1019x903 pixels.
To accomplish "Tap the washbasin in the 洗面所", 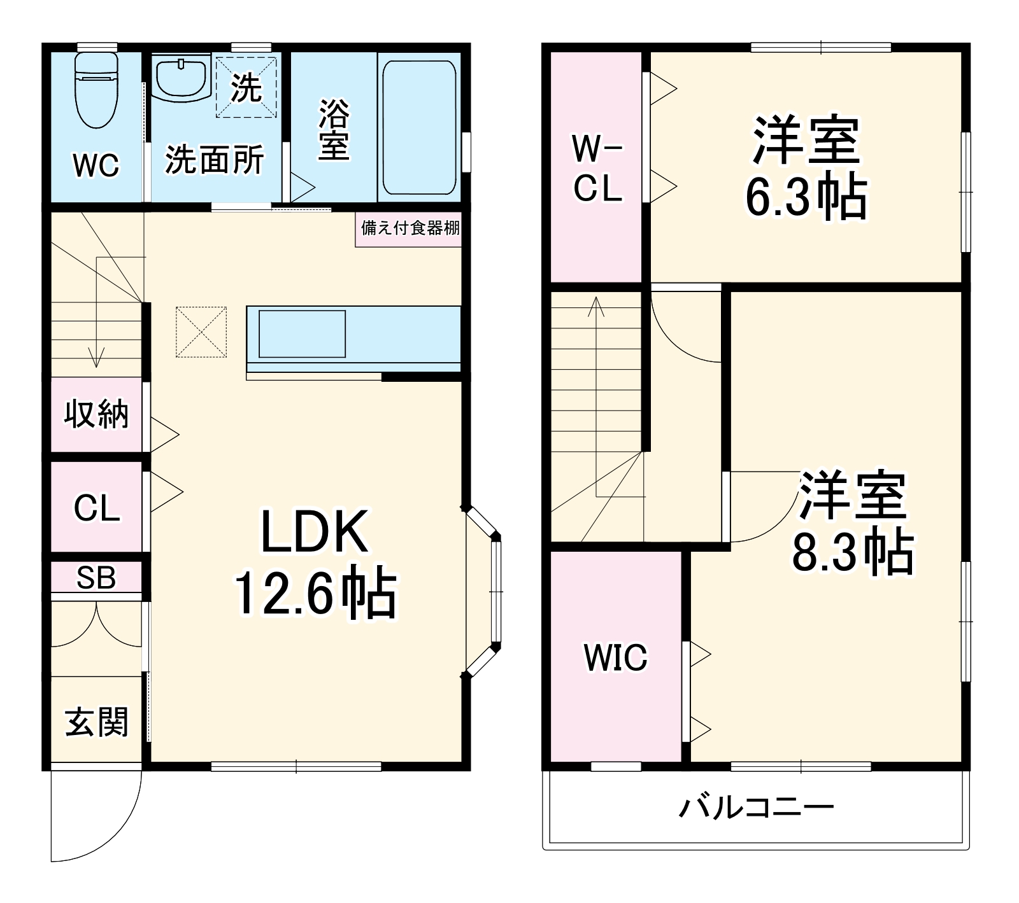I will pos(182,78).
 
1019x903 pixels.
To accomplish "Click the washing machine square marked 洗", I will pos(246,87).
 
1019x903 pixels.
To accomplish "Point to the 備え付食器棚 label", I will pos(410,228).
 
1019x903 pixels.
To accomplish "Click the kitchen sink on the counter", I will pos(302,333).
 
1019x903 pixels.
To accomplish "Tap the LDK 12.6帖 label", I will pos(315,564).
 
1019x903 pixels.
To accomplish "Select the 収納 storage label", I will pos(96,414).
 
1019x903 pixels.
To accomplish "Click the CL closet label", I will pos(97,508).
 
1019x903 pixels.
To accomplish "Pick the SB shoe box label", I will pos(96,577).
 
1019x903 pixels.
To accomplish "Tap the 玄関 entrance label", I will pos(97,722).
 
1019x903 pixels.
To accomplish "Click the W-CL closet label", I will pos(597,168).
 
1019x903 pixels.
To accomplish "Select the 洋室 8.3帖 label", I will pos(852,522).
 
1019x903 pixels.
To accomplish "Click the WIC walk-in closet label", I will pos(615,657).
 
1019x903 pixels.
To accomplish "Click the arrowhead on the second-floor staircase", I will pos(596,305).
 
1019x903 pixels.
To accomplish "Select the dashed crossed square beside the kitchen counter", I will pos(201,332).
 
